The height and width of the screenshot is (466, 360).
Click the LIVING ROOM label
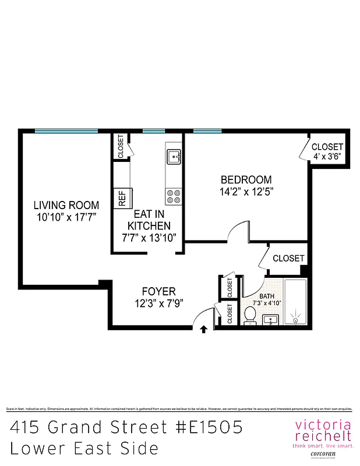pos(66,205)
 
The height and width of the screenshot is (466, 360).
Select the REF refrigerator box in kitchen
pos(122,199)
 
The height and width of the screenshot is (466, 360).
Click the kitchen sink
pos(174,156)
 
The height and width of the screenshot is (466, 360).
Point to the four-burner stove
pos(173,196)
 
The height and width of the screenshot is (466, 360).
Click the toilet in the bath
pos(250,315)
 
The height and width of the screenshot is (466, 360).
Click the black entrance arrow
pos(203,330)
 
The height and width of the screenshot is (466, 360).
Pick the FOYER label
pos(158,291)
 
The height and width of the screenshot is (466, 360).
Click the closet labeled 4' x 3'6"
pos(326,151)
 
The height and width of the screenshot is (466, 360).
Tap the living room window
pos(66,131)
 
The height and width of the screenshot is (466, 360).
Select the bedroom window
pos(207,131)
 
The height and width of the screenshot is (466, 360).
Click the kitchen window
pos(154,131)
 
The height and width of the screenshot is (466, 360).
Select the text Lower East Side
pos(84,449)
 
